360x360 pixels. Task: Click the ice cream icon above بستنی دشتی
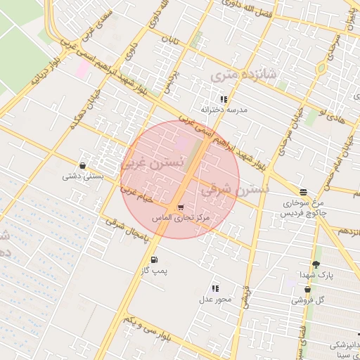pyautogui.click(x=83, y=166)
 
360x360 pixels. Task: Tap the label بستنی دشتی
pyautogui.click(x=83, y=176)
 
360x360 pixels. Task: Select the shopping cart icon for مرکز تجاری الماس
pyautogui.click(x=181, y=207)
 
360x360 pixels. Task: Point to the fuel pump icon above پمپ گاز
pyautogui.click(x=154, y=260)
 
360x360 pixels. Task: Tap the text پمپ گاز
pyautogui.click(x=154, y=271)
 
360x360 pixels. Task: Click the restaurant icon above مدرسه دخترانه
pyautogui.click(x=224, y=99)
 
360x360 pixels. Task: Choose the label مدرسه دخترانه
pyautogui.click(x=224, y=110)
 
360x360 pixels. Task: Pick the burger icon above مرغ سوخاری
pyautogui.click(x=303, y=192)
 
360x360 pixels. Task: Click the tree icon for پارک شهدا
pyautogui.click(x=316, y=264)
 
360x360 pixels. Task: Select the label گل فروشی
pyautogui.click(x=308, y=300)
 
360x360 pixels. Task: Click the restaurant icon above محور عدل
pyautogui.click(x=215, y=288)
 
